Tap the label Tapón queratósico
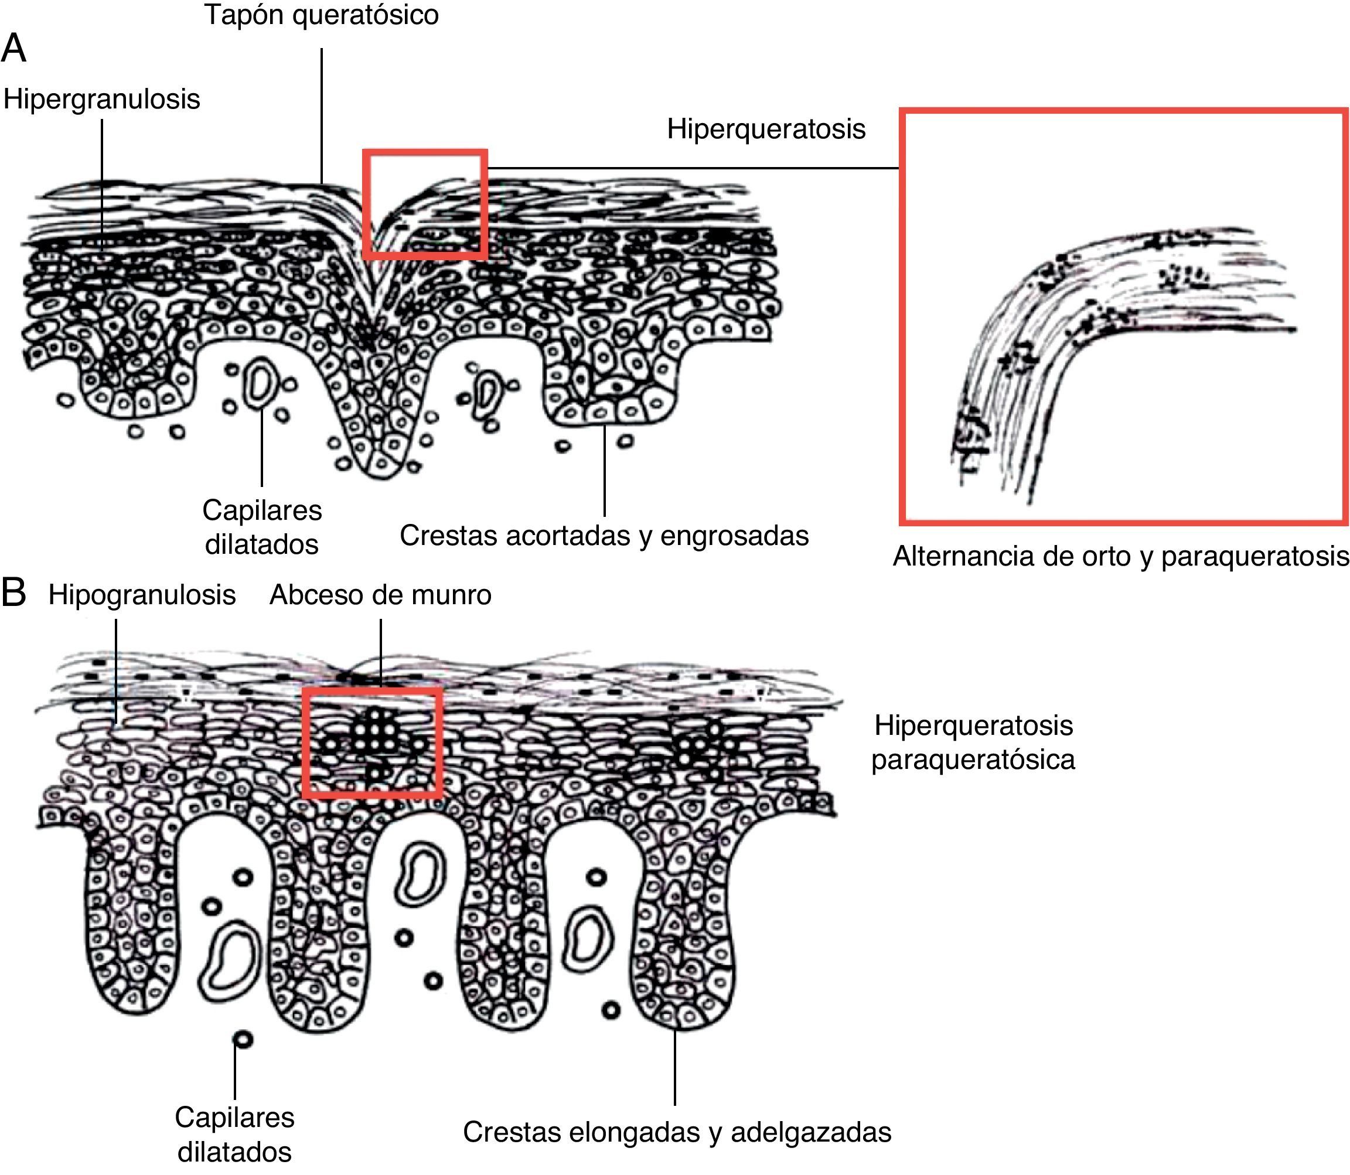[321, 15]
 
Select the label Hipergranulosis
[101, 99]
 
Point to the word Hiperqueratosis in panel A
[766, 129]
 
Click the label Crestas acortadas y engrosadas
[604, 536]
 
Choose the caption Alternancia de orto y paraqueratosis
[1120, 556]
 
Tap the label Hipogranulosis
[142, 595]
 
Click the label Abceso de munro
[380, 595]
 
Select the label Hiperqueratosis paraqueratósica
[973, 743]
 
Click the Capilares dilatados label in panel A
[261, 526]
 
